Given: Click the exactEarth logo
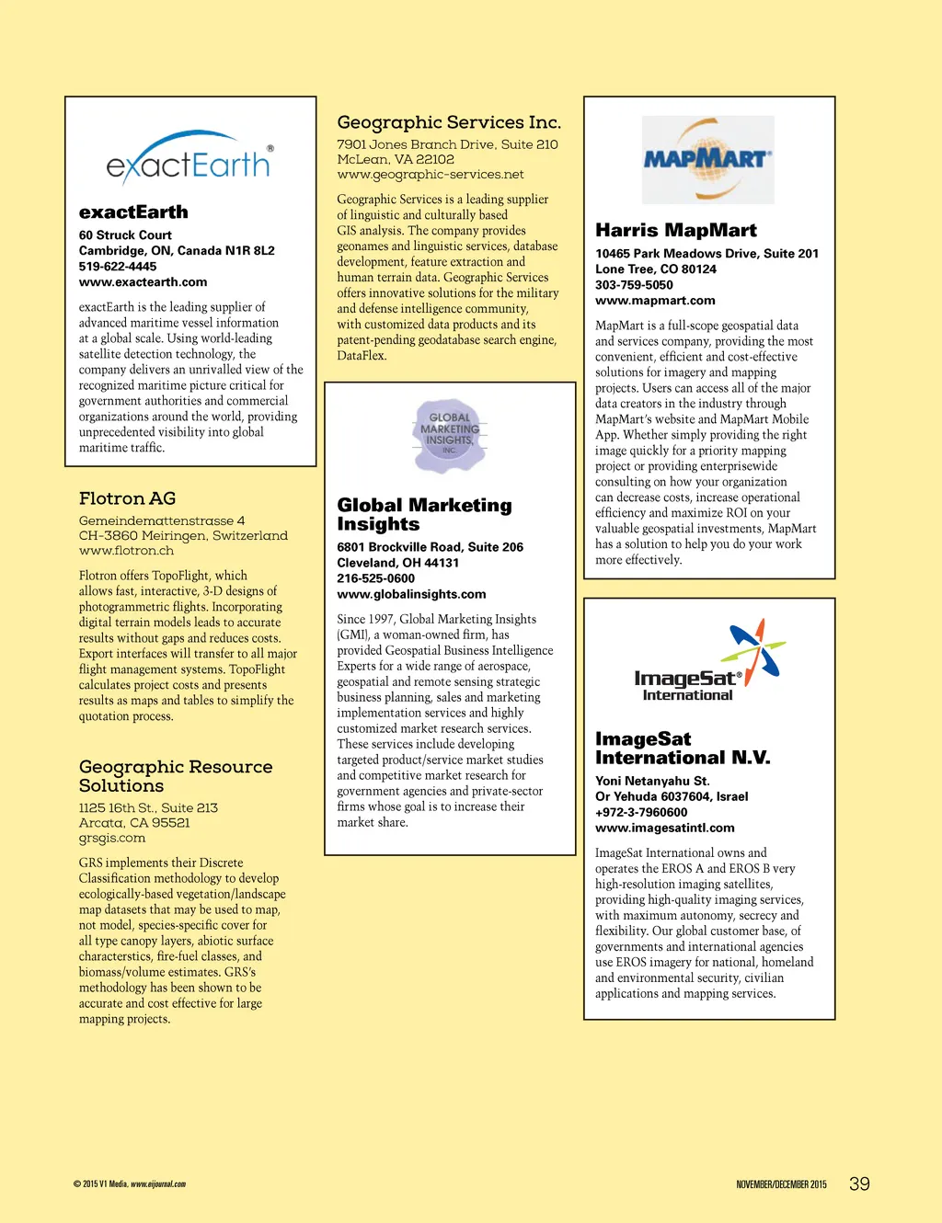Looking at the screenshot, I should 190,158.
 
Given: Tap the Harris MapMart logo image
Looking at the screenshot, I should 707,160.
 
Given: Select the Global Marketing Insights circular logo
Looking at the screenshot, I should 449,435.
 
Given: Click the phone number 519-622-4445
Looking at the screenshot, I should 118,267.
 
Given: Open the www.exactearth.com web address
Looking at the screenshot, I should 143,282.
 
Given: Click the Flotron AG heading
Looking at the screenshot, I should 127,498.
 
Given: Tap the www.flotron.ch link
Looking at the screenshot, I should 126,551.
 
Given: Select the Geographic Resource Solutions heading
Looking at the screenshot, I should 175,776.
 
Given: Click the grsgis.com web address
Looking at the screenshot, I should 112,838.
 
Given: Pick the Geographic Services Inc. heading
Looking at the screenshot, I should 449,122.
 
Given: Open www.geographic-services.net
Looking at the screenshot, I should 430,175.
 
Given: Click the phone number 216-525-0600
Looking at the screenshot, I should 375,578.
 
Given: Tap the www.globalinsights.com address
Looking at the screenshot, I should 411,594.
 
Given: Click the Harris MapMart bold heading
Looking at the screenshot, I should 676,230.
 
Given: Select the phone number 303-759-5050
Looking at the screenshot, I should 634,285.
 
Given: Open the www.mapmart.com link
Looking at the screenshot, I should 655,301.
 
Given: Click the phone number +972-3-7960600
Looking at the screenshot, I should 641,812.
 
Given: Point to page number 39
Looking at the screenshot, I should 859,1184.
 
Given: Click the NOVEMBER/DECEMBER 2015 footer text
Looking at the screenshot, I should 781,1184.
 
